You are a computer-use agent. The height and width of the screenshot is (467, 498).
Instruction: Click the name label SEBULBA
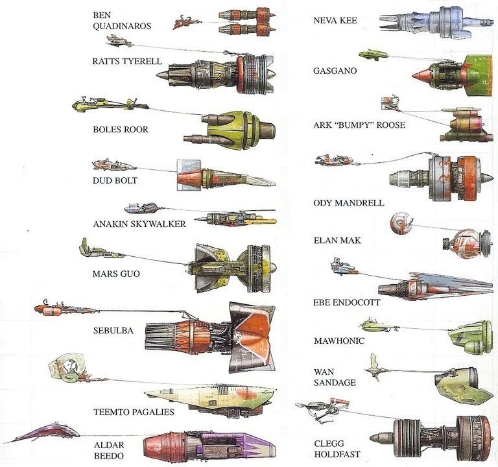click(x=113, y=330)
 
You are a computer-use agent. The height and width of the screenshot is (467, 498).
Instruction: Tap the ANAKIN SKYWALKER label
click(x=139, y=224)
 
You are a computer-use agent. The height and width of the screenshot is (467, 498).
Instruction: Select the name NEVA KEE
click(x=335, y=21)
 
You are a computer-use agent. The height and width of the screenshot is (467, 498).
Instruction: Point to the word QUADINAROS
click(x=123, y=27)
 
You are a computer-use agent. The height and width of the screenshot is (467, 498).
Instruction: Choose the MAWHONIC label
click(x=338, y=341)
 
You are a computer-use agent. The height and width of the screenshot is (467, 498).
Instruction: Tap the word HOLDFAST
click(x=337, y=454)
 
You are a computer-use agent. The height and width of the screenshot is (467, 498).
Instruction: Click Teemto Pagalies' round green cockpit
click(x=65, y=368)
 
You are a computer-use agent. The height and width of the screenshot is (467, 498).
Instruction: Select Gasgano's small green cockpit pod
click(x=373, y=54)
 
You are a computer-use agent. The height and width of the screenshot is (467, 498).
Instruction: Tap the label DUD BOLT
click(x=115, y=180)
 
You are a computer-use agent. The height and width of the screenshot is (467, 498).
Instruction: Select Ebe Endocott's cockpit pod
click(x=342, y=266)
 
